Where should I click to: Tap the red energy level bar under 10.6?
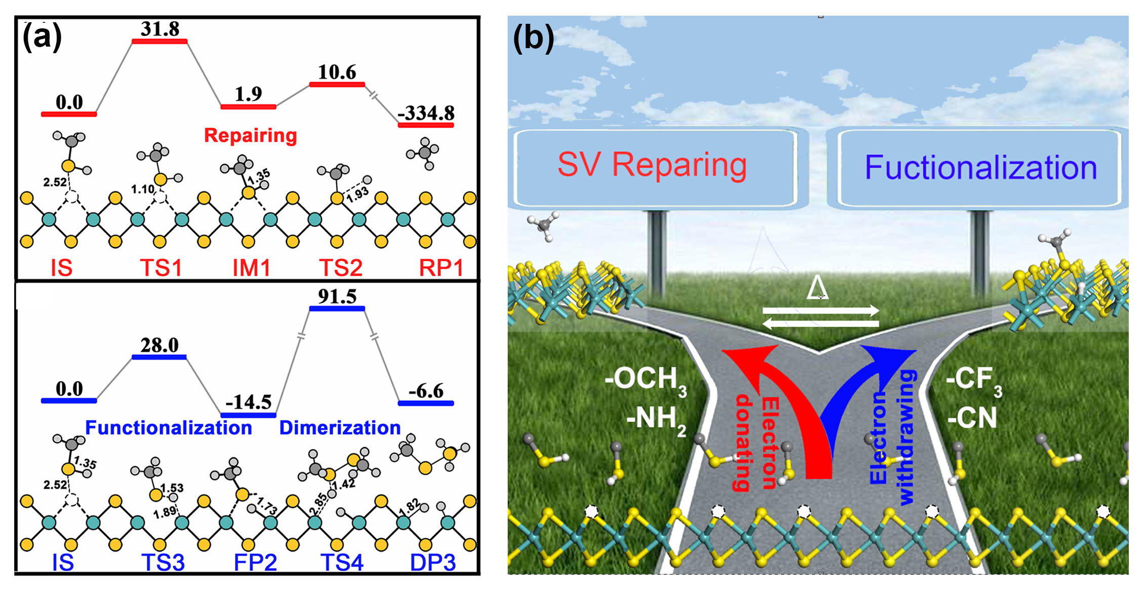click(x=337, y=84)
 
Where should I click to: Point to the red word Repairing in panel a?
click(x=250, y=135)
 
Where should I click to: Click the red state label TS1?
click(x=160, y=267)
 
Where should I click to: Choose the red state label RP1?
click(x=441, y=267)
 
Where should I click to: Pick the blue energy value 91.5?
click(x=337, y=296)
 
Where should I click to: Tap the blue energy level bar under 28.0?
click(x=159, y=357)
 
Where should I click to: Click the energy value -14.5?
click(x=249, y=402)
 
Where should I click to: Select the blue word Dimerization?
click(x=340, y=428)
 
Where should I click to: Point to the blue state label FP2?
click(x=255, y=563)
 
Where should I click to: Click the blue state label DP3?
click(x=433, y=563)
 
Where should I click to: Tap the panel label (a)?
click(x=42, y=37)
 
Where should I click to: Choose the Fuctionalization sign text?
click(x=980, y=168)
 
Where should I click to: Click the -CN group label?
click(x=971, y=418)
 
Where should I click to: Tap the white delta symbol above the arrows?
click(x=817, y=289)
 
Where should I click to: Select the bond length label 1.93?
click(x=357, y=194)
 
